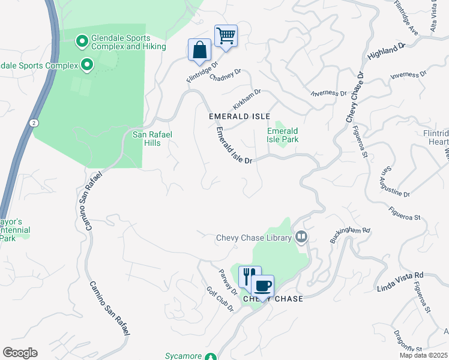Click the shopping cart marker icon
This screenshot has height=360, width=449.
(x=226, y=35)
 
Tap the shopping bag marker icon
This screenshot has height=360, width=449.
(x=199, y=50)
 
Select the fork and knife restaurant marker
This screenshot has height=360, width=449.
(x=250, y=277)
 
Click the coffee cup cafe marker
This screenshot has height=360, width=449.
(x=262, y=285)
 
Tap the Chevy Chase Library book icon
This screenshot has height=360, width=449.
(x=301, y=238)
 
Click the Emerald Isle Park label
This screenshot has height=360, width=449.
(x=283, y=135)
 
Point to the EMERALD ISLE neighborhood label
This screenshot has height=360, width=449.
(x=240, y=116)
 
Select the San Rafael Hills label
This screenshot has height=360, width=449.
(x=152, y=135)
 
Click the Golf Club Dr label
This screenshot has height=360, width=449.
(x=224, y=298)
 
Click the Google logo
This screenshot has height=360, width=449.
(x=20, y=353)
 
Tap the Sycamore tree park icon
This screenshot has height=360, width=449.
(x=210, y=356)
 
